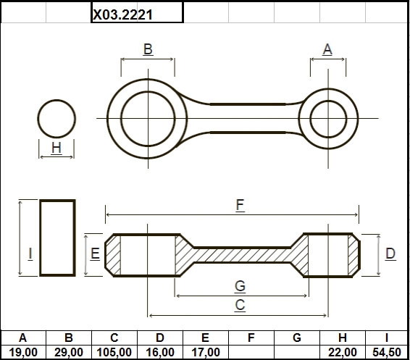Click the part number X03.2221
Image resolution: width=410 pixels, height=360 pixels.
(122, 14)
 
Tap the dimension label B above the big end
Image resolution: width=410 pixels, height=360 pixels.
(148, 49)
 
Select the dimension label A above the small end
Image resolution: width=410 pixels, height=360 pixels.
(327, 49)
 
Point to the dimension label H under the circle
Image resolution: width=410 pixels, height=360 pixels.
(57, 148)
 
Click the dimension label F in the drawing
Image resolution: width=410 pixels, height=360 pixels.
(240, 205)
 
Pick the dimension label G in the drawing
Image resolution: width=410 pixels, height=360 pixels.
(240, 285)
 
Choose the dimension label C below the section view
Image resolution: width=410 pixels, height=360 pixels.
(240, 305)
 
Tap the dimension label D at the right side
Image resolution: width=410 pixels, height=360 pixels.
(390, 254)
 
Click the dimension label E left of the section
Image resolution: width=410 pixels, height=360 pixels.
(95, 254)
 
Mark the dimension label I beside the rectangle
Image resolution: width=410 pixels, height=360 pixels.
(30, 254)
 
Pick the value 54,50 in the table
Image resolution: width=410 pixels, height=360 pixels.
(387, 353)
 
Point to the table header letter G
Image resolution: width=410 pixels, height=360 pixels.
(297, 338)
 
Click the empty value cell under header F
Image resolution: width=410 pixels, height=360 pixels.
(251, 352)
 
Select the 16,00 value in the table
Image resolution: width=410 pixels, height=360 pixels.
(160, 353)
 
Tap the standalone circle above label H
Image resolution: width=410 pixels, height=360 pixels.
(57, 100)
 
